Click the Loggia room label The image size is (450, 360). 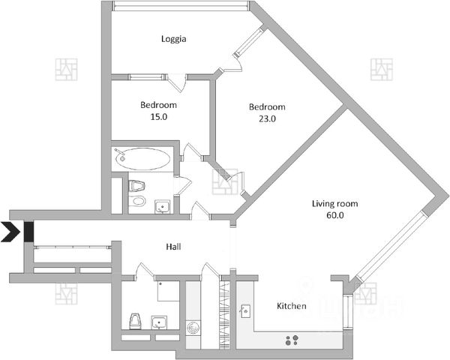click(173, 39)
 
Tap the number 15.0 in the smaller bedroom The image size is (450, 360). click(158, 117)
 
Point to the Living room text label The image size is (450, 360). click(334, 203)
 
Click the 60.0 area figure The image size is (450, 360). click(334, 215)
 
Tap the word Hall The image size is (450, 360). click(174, 246)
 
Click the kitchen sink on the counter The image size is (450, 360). click(245, 310)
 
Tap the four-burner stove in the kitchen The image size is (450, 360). click(294, 340)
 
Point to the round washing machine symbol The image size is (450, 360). click(193, 328)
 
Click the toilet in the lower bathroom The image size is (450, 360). click(134, 320)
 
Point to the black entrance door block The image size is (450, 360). click(28, 232)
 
